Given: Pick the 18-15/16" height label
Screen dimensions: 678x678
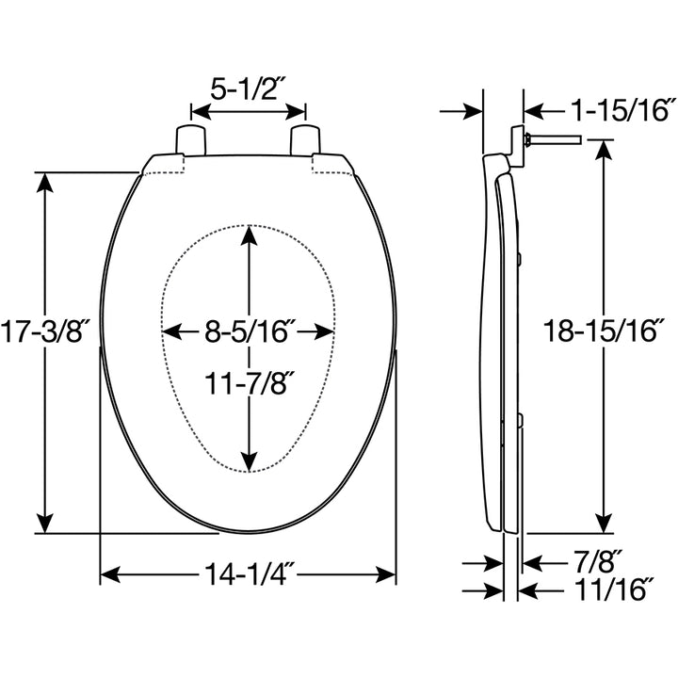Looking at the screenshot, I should pos(604,331).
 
